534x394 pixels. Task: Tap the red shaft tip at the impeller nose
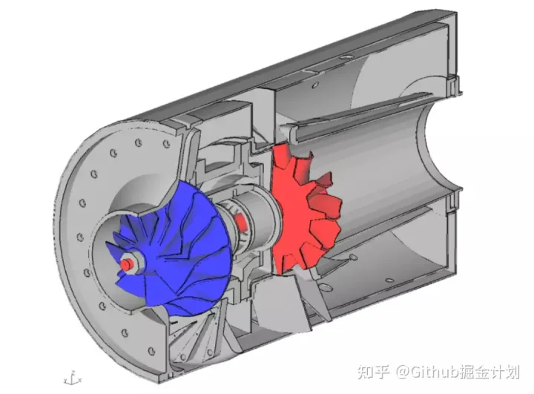point(125,265)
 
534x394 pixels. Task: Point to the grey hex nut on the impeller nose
point(133,263)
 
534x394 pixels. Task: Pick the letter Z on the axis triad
point(73,372)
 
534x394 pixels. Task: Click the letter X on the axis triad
point(80,379)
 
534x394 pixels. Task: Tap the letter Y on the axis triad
point(65,378)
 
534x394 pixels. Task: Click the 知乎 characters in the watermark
point(373,372)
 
